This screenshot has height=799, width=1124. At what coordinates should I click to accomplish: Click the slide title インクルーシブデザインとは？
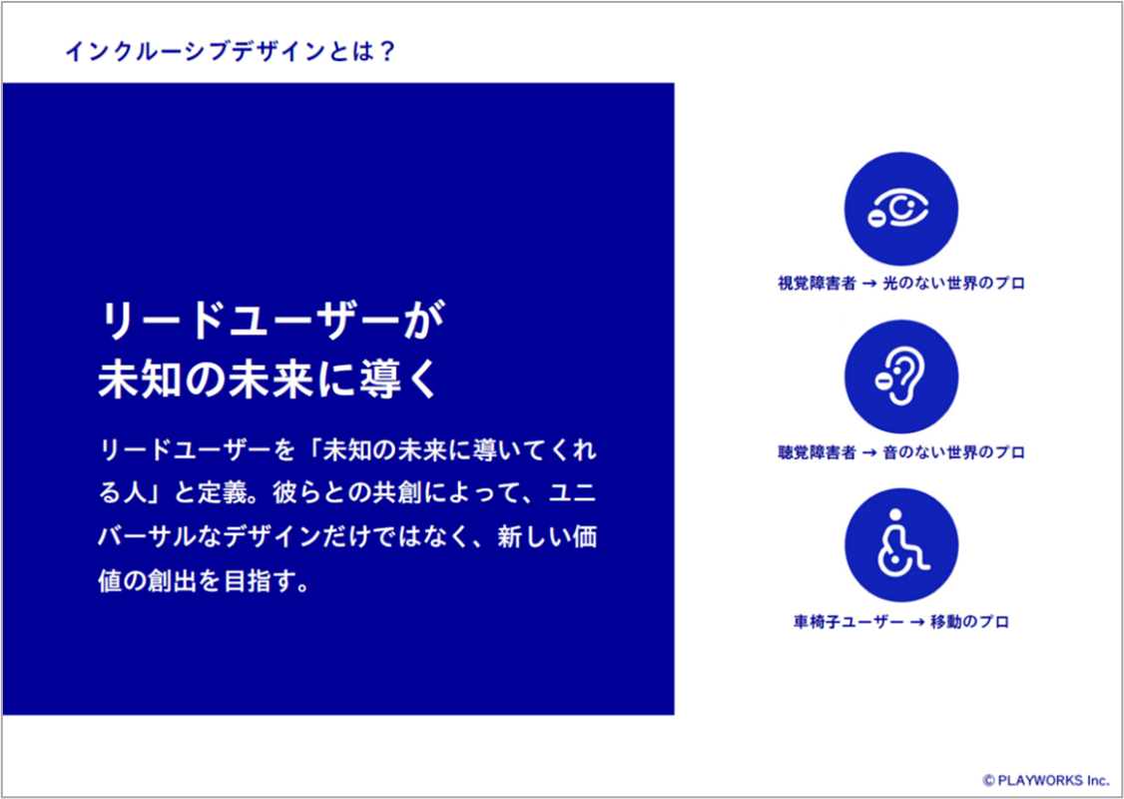(x=231, y=52)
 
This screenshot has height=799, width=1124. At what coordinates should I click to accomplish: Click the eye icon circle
(x=901, y=209)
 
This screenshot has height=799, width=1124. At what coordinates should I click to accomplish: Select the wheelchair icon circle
(x=901, y=545)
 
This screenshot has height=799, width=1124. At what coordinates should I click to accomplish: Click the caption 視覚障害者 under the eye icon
(x=817, y=284)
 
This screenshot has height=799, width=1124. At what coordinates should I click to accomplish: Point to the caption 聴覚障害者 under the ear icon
(x=817, y=452)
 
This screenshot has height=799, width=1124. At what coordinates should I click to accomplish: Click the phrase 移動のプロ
(x=969, y=622)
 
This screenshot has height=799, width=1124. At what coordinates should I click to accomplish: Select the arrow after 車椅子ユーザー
(x=916, y=622)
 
